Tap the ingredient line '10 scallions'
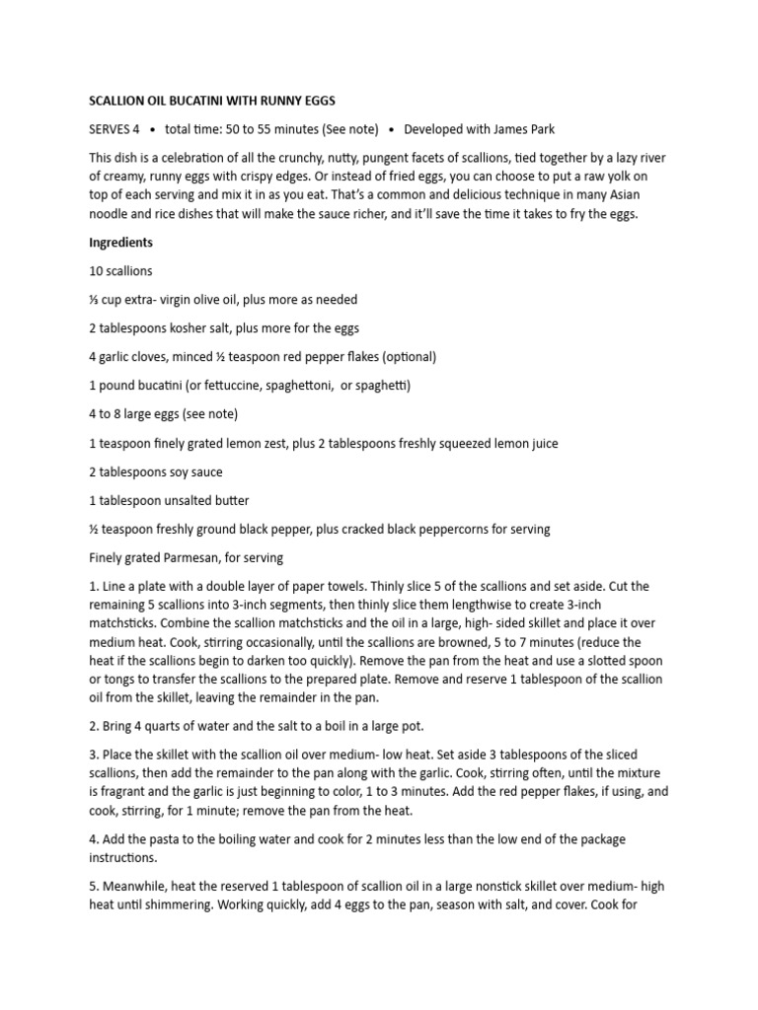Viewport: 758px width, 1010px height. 120,270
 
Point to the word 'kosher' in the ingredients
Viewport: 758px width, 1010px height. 190,328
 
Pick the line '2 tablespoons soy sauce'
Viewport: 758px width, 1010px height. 155,471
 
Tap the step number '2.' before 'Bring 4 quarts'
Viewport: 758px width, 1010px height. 95,727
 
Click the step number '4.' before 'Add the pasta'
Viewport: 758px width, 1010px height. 95,839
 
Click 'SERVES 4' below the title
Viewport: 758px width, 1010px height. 114,128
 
